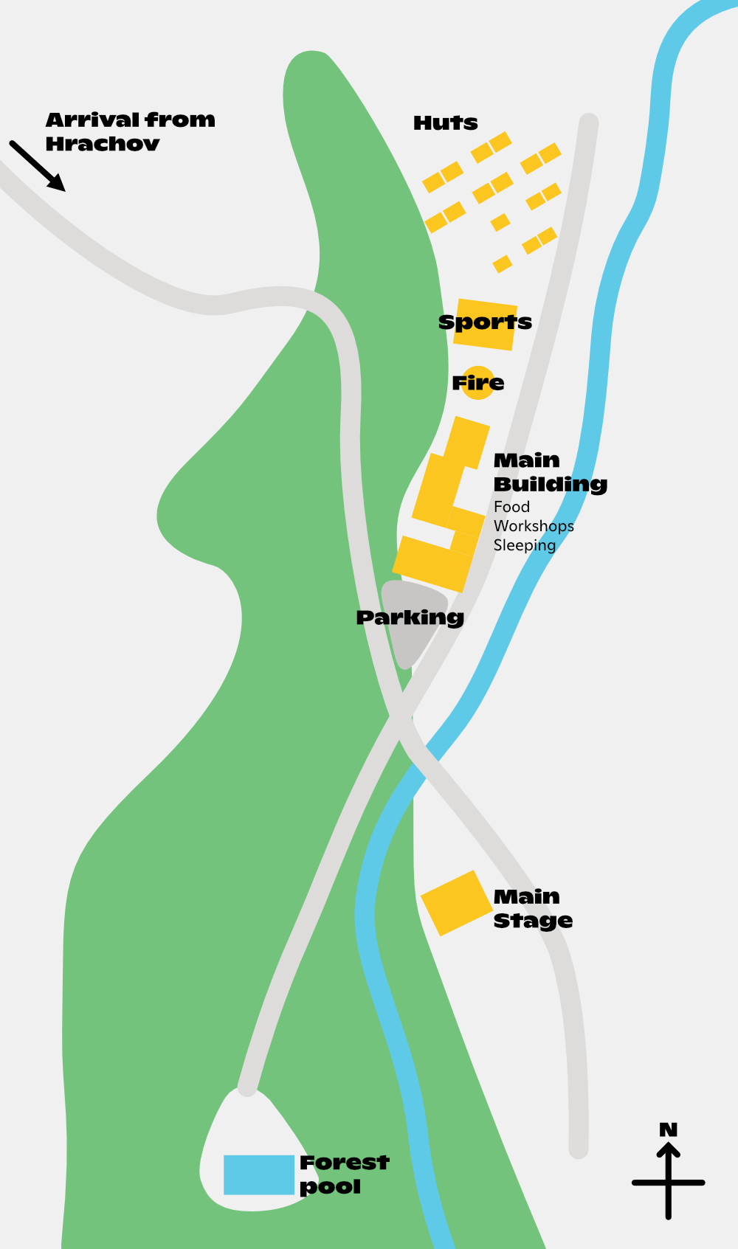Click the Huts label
[x=445, y=122]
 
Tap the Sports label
[x=485, y=322]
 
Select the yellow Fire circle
[x=477, y=383]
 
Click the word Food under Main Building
[x=511, y=507]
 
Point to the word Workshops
[x=534, y=526]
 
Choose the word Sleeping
[x=524, y=545]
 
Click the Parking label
[x=410, y=617]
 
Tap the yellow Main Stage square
[x=456, y=903]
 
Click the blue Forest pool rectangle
[x=259, y=1174]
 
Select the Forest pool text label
[x=344, y=1174]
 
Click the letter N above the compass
[x=668, y=1129]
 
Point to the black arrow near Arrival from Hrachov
[x=38, y=167]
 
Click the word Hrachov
[x=103, y=144]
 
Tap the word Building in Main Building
[x=550, y=485]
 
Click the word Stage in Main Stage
[x=533, y=921]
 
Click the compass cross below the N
[x=668, y=1183]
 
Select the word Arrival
[x=92, y=120]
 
